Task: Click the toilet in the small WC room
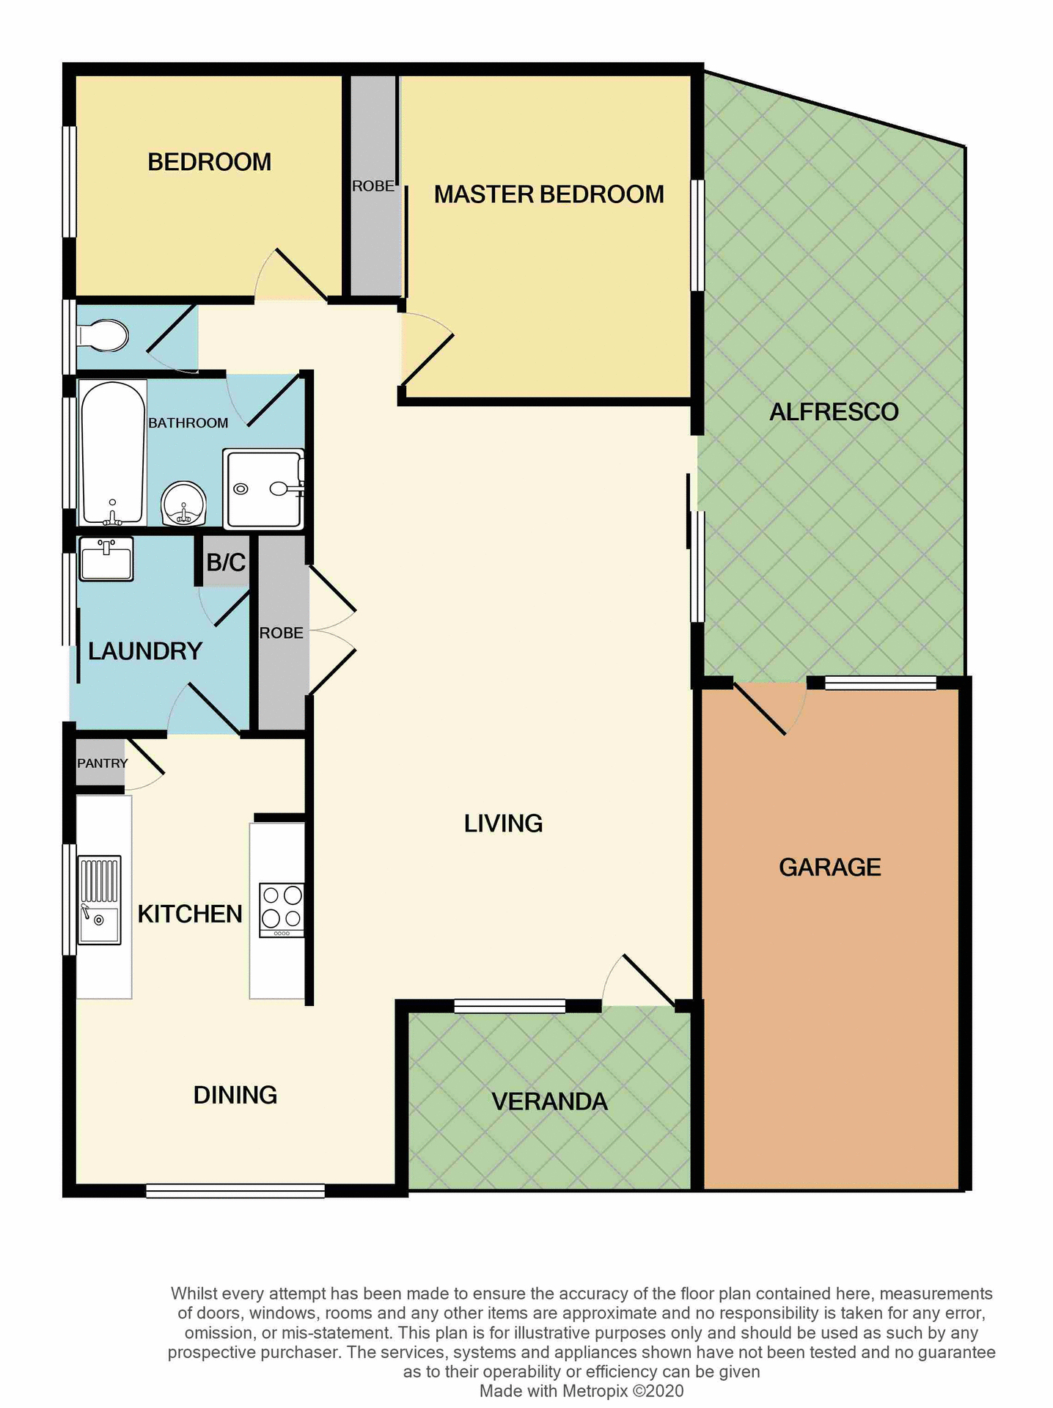tap(104, 336)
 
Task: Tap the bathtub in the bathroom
tap(113, 452)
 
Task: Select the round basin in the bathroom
tap(183, 503)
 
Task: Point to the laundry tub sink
tap(106, 559)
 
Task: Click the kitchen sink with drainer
tap(100, 900)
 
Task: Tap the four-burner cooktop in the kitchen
tap(282, 910)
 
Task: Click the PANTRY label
tap(102, 763)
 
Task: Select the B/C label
tap(226, 562)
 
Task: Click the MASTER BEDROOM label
tap(548, 194)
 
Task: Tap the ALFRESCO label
tap(834, 412)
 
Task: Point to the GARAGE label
tap(829, 868)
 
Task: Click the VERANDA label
tap(549, 1101)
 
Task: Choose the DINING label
tap(235, 1095)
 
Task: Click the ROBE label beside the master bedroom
tap(373, 186)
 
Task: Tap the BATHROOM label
tap(188, 423)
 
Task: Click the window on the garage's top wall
tap(880, 683)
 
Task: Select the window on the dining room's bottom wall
tap(235, 1192)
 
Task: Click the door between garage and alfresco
tap(763, 708)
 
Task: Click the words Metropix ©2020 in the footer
tap(623, 1391)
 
